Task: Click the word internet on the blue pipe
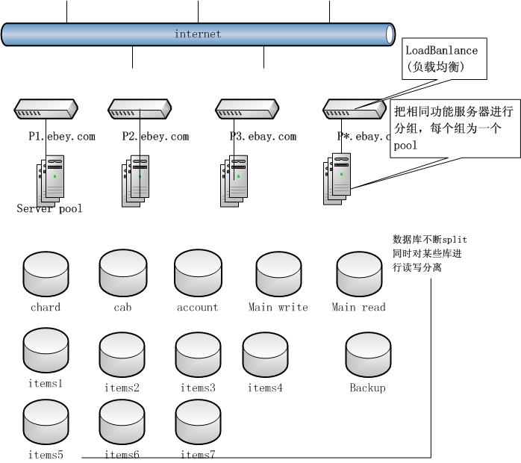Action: (198, 34)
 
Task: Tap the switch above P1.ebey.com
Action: (46, 111)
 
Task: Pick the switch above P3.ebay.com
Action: (248, 111)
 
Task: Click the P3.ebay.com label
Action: (263, 137)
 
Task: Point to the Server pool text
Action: (49, 209)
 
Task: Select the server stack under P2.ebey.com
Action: (135, 180)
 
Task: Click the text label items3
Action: (198, 388)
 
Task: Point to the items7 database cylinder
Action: (198, 423)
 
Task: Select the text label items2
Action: (122, 388)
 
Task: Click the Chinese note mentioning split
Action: (430, 253)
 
